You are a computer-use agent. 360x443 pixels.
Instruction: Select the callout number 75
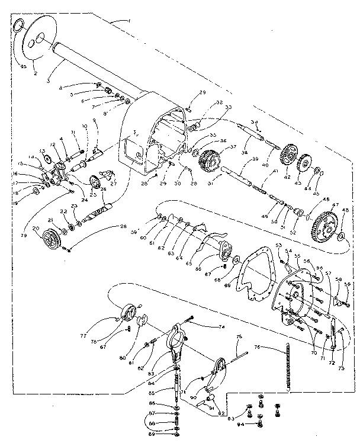coord(239,338)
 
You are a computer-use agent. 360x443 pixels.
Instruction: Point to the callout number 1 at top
coord(128,21)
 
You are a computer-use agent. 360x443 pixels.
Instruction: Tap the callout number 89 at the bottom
coord(152,434)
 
